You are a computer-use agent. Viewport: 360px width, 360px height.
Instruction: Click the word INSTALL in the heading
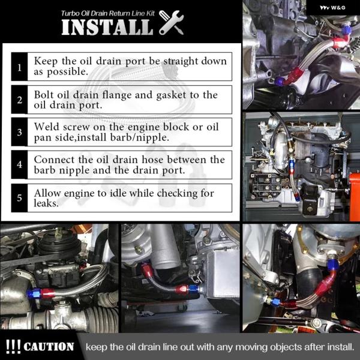point(107,27)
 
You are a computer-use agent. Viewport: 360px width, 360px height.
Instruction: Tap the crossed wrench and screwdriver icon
point(171,22)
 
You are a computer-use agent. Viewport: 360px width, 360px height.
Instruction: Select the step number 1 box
point(19,67)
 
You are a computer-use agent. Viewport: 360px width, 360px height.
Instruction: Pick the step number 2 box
point(19,100)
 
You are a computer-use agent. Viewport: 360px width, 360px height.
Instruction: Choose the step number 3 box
point(19,132)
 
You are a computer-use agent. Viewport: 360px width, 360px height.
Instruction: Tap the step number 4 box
point(19,164)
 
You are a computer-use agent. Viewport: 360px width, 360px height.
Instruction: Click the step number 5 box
point(19,197)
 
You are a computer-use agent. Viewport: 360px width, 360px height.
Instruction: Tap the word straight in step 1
point(181,61)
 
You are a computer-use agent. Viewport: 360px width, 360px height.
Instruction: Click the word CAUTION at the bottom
point(49,347)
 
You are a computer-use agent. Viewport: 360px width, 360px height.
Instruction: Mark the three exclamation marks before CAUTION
point(13,346)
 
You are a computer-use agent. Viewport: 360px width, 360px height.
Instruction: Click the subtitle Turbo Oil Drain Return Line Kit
point(107,13)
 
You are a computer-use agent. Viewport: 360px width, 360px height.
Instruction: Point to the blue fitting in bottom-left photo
point(34,293)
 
